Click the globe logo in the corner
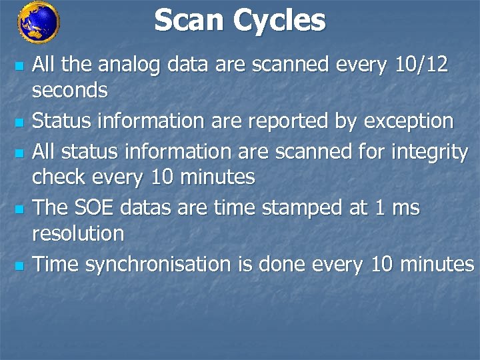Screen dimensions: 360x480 [x=39, y=22]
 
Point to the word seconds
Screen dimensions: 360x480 [x=70, y=90]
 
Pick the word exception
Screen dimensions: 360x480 [x=403, y=122]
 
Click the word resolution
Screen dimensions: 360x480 [x=79, y=234]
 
